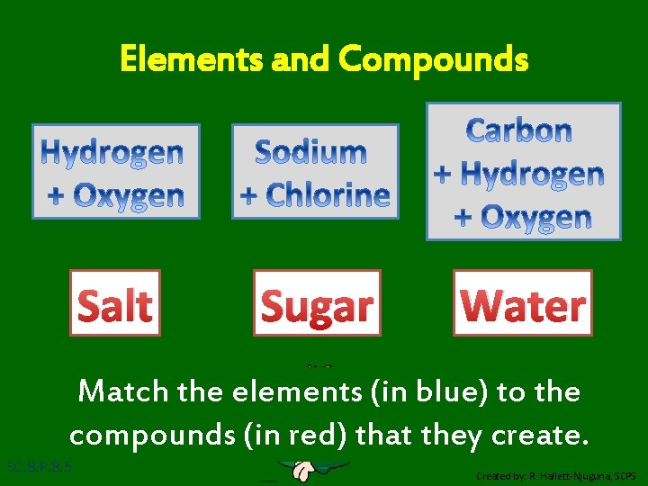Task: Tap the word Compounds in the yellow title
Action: point(434,60)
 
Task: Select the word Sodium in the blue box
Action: point(310,151)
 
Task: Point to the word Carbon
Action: point(519,130)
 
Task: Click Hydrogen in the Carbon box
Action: point(532,174)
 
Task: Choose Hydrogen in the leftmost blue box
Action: point(115,152)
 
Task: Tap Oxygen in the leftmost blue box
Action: point(127,195)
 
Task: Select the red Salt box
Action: point(115,303)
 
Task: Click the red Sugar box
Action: point(317,303)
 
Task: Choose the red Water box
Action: point(523,303)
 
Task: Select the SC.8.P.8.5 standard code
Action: point(39,467)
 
